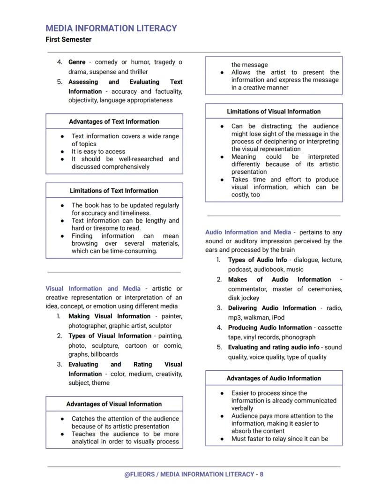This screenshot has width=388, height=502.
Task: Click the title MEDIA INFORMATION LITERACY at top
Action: tap(111, 28)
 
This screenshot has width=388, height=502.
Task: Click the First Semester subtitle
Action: tap(68, 39)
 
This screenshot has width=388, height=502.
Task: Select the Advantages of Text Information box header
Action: tap(114, 121)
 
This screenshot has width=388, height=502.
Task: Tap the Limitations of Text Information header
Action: tap(114, 191)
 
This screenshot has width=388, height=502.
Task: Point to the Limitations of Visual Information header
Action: tap(274, 112)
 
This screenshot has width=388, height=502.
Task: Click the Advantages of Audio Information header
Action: tap(274, 378)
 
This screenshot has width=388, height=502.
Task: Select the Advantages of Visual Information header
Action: tap(114, 404)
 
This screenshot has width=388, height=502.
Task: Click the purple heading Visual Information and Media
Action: tap(93, 289)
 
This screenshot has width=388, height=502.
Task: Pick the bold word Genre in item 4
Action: tap(77, 62)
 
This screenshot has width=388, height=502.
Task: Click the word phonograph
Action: tap(298, 337)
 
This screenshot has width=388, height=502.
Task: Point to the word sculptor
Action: tap(160, 326)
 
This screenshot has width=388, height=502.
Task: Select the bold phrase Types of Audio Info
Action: tap(257, 260)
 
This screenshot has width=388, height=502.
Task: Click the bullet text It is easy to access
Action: tap(98, 151)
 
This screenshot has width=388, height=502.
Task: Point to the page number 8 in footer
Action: tap(261, 474)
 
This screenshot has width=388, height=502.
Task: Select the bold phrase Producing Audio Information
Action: tap(269, 328)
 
